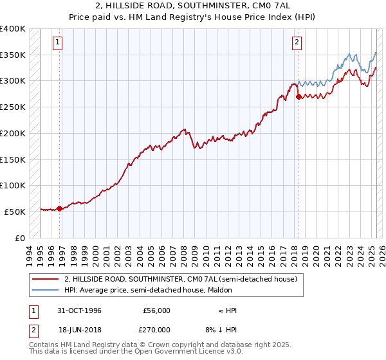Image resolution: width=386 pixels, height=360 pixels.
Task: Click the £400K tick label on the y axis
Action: point(13,29)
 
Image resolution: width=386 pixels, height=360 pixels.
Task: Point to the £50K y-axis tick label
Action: point(15,212)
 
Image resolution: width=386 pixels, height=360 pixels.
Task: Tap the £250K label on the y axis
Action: point(13,107)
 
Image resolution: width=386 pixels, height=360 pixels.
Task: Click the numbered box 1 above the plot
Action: point(58,43)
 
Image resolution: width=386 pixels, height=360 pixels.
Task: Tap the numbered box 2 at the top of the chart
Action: point(297,43)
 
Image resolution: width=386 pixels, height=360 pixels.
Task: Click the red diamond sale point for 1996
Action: point(60,208)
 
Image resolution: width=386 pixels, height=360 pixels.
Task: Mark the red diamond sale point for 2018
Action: point(299,97)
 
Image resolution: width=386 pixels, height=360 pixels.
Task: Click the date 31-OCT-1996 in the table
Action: point(80,310)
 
